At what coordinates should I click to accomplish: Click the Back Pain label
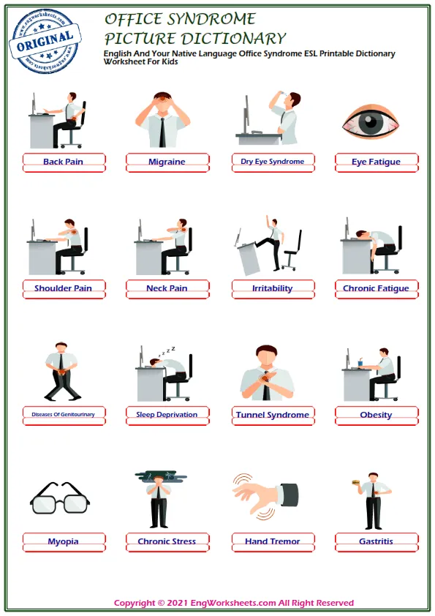coord(64,162)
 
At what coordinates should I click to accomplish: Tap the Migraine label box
coord(167,162)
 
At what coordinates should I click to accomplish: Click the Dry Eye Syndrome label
coord(273,162)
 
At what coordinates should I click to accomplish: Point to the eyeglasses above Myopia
coord(60,500)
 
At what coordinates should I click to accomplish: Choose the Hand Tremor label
coord(273,541)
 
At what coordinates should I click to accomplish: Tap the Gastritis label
coord(377,541)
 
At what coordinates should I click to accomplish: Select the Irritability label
coord(273,288)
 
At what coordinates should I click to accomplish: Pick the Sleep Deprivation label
coord(167,415)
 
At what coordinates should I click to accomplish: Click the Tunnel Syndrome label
coord(273,415)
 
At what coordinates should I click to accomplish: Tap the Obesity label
coord(377,415)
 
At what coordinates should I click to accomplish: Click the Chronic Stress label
coord(167,541)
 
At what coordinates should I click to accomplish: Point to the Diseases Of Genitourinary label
coord(64,415)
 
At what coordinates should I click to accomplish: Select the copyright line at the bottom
coord(234,603)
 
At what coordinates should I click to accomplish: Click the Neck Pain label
coord(167,288)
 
